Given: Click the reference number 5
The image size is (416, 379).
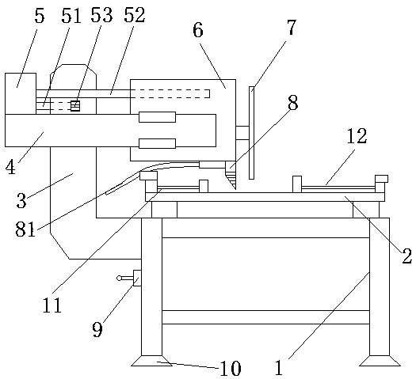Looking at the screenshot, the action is (x=40, y=16).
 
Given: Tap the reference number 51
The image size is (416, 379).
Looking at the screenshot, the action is (x=71, y=16).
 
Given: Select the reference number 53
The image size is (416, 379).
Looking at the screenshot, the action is (x=102, y=15).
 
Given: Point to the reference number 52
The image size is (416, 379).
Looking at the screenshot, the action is (x=135, y=15).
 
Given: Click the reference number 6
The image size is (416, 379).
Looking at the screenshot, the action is (x=198, y=29).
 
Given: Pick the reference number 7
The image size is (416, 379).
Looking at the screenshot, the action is (x=291, y=27).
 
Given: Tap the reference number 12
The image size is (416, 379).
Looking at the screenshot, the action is (x=357, y=136).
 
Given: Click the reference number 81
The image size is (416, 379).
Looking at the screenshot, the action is (x=25, y=229).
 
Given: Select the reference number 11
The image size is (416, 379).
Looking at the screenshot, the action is (x=52, y=305).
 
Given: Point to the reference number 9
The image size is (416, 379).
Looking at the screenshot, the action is (x=97, y=329).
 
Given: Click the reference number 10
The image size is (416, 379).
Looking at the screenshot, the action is (x=231, y=369).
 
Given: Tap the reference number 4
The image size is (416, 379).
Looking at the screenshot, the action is (x=10, y=168).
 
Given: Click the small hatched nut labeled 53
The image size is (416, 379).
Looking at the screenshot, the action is (x=75, y=106).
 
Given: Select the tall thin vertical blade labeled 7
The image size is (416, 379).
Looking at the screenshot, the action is (x=251, y=133).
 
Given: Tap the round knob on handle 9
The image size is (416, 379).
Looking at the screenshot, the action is (x=119, y=278).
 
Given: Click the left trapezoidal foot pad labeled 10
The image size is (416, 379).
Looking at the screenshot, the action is (x=151, y=361).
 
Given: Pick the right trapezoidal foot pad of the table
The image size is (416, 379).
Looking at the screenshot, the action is (x=380, y=361).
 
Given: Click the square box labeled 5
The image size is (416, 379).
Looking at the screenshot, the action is (x=21, y=93).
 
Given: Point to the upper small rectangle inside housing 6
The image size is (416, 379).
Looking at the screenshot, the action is (x=158, y=117).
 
